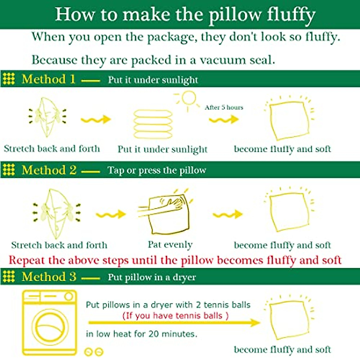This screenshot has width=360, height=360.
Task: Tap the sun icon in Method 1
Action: [x=188, y=99]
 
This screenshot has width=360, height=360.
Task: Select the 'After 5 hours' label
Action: [x=224, y=107]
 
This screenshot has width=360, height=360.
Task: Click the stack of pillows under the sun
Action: [x=153, y=124]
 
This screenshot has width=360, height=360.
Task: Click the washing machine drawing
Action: [x=50, y=322]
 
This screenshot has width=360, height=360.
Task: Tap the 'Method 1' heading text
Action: [x=48, y=79]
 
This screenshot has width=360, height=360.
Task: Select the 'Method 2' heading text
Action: [x=49, y=170]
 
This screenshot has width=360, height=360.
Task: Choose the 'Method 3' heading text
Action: [x=49, y=277]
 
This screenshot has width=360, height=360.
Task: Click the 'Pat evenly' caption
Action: [x=170, y=245]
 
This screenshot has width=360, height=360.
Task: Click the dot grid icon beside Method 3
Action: [x=9, y=276]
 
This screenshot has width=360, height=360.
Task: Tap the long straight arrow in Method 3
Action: [x=174, y=323]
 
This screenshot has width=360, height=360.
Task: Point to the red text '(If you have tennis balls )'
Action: [x=175, y=316]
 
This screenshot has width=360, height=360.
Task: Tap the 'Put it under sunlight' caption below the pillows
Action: [x=162, y=149]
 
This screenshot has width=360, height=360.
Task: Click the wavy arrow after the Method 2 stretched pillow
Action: [x=111, y=214]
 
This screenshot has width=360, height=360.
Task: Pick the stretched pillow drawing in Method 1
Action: [x=47, y=117]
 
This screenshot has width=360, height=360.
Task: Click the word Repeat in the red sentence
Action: [x=27, y=260]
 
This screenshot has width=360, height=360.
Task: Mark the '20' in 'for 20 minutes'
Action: [x=153, y=334]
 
